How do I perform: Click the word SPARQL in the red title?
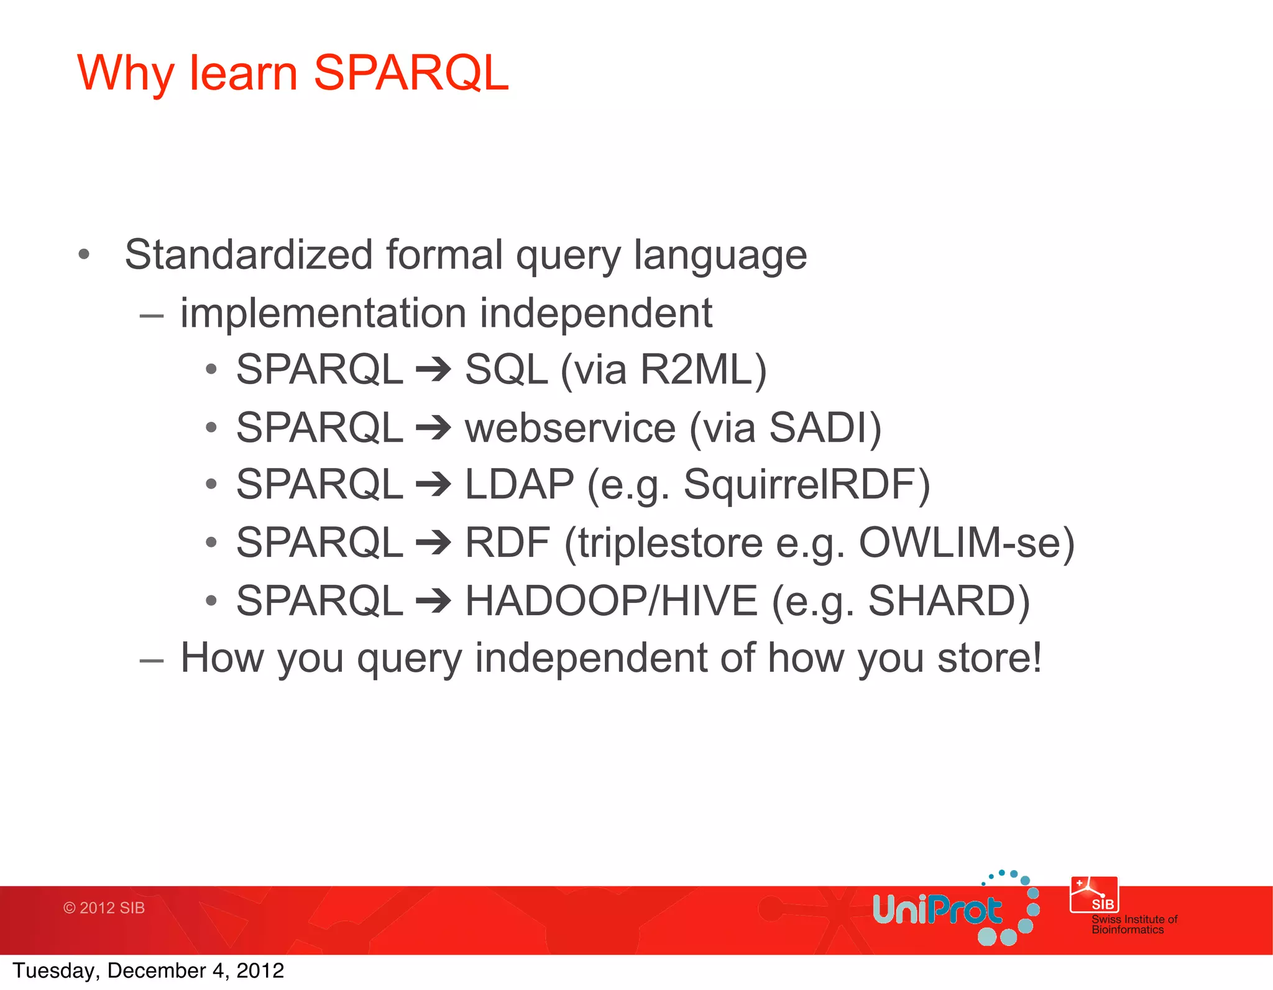point(411,73)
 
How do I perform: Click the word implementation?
point(323,313)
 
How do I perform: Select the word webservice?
point(570,428)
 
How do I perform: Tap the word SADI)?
point(825,428)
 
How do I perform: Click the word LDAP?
point(519,485)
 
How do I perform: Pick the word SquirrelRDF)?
point(806,485)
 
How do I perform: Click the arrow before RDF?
point(433,543)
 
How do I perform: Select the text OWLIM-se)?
point(966,543)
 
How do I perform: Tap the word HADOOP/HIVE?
point(611,601)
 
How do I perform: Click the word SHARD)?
point(949,601)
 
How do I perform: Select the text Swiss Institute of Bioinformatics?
point(1134,925)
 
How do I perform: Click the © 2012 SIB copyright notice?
point(104,908)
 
